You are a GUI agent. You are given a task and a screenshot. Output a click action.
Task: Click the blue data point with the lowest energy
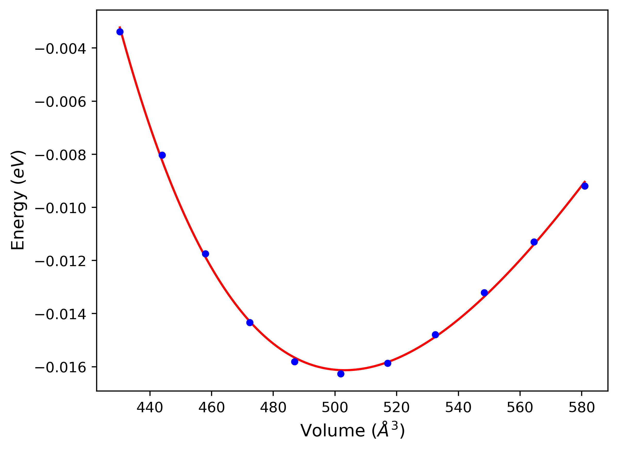tap(341, 374)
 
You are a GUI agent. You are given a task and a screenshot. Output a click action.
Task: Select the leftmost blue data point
tap(120, 32)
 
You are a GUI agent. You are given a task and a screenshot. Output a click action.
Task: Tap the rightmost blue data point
tap(585, 186)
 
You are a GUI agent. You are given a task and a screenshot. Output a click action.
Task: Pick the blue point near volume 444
tap(162, 155)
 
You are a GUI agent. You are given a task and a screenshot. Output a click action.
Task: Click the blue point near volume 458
tap(205, 254)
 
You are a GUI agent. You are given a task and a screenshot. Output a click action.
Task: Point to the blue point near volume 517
tap(388, 363)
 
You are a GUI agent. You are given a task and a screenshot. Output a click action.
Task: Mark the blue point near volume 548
tap(484, 293)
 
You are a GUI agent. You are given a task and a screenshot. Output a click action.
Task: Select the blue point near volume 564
tap(534, 242)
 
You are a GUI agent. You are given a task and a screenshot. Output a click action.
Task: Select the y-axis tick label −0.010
tap(61, 209)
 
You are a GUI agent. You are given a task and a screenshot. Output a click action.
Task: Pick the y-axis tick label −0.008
tap(61, 156)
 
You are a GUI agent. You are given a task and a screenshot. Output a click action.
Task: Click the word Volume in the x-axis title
tap(332, 431)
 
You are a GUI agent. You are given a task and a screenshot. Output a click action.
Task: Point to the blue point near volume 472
tap(250, 322)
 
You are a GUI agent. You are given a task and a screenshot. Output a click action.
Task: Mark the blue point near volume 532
tap(436, 335)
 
